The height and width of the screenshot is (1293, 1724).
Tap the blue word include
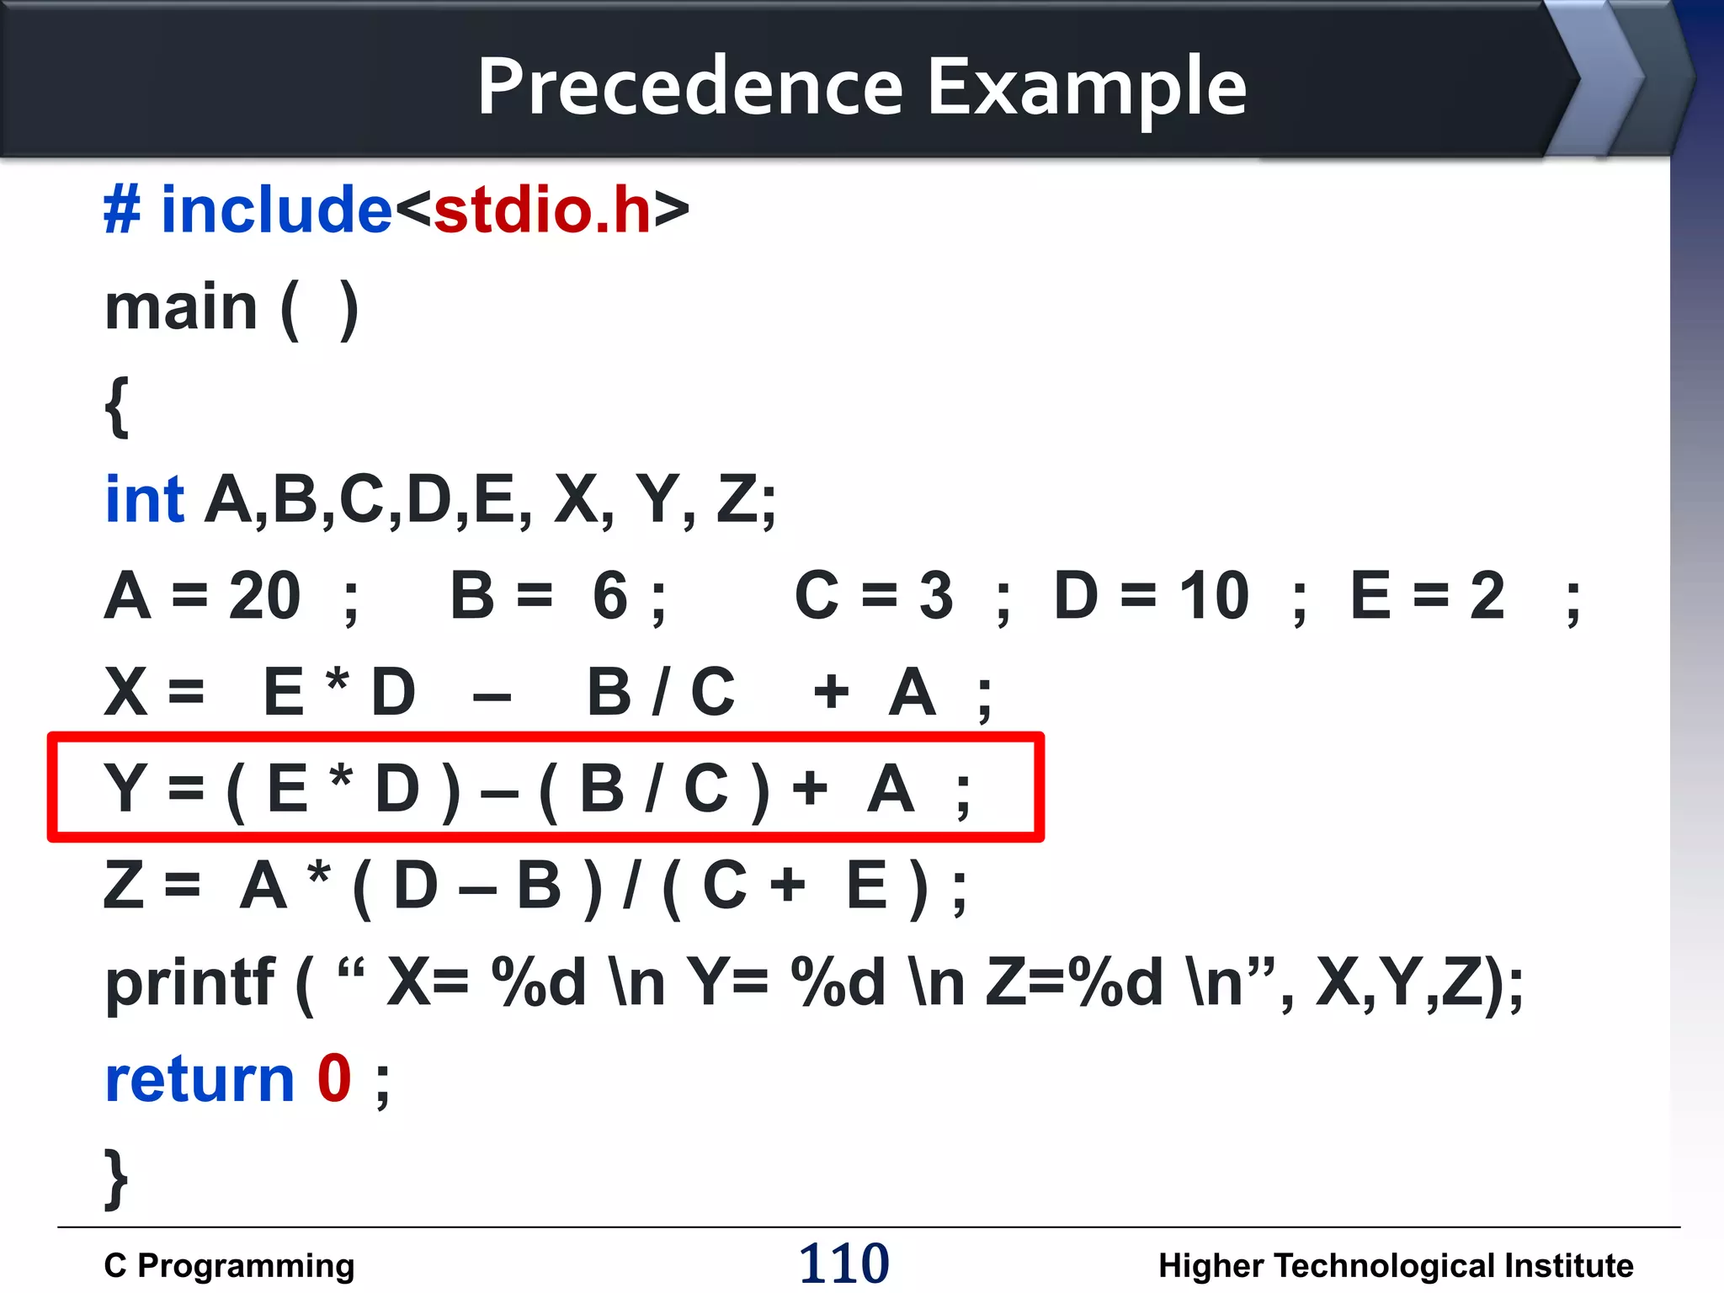coord(276,210)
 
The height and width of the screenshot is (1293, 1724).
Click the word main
coord(181,308)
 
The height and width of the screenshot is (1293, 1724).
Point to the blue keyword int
coord(144,499)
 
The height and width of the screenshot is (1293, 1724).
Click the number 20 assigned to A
coord(264,596)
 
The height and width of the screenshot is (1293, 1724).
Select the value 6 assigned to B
coord(609,596)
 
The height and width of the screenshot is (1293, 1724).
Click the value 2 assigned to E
coord(1487,596)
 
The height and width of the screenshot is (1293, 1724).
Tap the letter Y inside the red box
coord(125,788)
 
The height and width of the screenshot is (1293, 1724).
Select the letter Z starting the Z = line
coord(124,886)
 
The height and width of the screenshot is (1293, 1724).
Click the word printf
coord(189,983)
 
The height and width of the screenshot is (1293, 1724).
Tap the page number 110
coord(843,1264)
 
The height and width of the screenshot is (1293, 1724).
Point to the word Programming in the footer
coord(246,1266)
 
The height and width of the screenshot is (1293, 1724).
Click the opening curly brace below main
coord(117,406)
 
